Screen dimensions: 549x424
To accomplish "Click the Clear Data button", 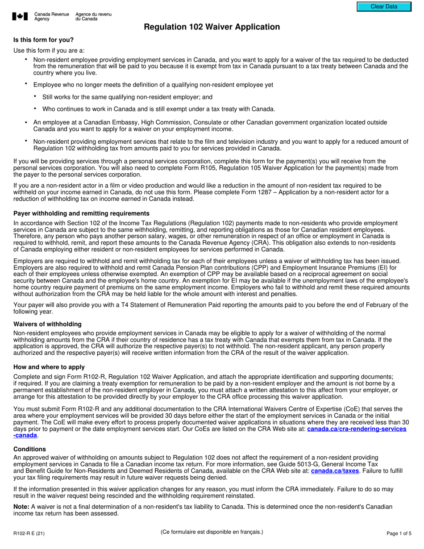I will (383, 7).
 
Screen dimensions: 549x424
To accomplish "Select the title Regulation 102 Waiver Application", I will (212, 27).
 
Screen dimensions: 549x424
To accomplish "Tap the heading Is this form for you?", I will (43, 40).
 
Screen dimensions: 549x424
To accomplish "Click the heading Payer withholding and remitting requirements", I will (81, 213).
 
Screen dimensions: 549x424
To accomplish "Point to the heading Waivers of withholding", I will (47, 324).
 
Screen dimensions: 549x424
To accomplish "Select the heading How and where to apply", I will (49, 367).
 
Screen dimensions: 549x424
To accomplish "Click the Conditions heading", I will (29, 449).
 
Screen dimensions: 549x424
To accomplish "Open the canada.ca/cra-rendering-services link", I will (357, 429).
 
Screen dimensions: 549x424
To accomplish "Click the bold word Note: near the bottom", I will (21, 507).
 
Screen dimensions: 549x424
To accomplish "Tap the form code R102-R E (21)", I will (29, 533).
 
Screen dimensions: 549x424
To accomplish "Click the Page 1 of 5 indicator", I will (399, 533).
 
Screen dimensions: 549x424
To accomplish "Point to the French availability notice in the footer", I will (212, 532).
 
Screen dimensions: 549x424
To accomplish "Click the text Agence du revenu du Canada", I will (93, 17).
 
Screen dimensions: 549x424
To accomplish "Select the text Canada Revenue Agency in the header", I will (51, 17).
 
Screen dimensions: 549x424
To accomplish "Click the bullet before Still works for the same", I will (35, 96).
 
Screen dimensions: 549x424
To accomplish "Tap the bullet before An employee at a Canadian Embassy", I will (26, 122).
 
